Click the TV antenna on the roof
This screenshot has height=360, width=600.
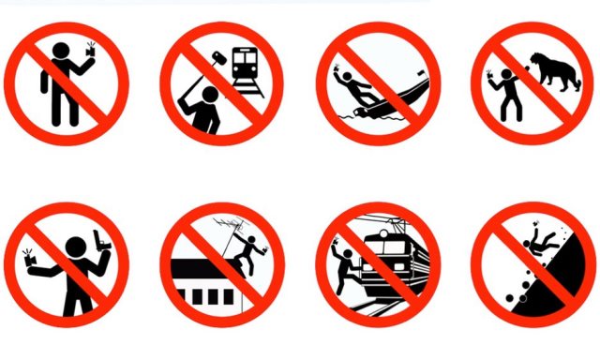point(223,226)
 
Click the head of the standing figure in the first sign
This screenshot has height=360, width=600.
point(60,51)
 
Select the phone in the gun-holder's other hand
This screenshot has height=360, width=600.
point(28,254)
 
